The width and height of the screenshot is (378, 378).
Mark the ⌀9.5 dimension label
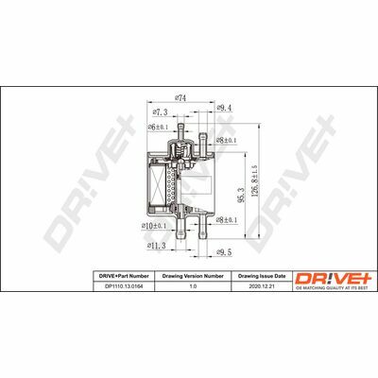(x=223, y=253)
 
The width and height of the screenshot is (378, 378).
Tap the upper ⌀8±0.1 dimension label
(x=228, y=139)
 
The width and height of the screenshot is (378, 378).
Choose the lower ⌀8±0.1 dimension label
(x=228, y=219)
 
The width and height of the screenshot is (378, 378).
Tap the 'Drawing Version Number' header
(x=193, y=274)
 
